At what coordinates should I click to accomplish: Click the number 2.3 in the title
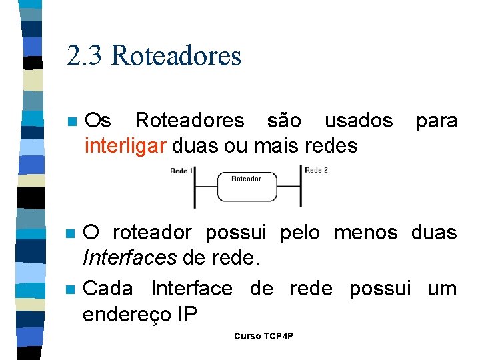point(85,56)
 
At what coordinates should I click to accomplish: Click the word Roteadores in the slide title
point(176,56)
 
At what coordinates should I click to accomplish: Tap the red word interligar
point(125,145)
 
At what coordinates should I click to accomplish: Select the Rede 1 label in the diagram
point(181,171)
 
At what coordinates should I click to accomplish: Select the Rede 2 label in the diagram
point(316,170)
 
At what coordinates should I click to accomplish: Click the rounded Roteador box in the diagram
point(246,186)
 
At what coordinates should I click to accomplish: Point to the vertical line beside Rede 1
point(195,188)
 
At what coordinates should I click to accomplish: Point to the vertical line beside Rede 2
point(302,187)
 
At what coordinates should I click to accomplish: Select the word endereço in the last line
point(122,313)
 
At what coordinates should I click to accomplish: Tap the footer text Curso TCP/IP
point(263,336)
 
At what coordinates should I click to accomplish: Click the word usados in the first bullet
point(359,121)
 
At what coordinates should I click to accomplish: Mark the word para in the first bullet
point(437,121)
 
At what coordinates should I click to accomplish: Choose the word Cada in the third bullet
point(108,289)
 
